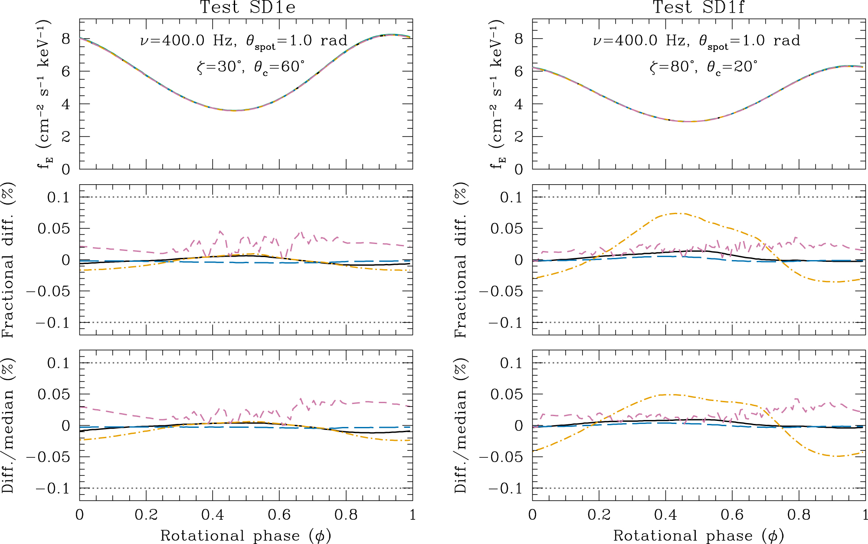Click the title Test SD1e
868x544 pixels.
click(x=247, y=7)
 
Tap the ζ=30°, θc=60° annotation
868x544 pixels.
click(x=250, y=67)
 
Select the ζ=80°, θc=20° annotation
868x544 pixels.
click(x=703, y=67)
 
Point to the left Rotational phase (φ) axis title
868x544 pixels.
click(x=246, y=536)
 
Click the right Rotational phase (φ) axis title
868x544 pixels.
click(x=698, y=536)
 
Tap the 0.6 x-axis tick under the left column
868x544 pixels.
click(x=279, y=515)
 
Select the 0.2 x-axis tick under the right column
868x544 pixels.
click(x=599, y=515)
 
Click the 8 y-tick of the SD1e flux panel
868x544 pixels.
click(x=66, y=39)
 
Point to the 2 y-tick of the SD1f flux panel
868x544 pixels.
click(x=518, y=137)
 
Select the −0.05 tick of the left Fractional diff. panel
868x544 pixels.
click(x=48, y=291)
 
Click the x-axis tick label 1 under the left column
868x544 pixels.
click(x=413, y=515)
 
